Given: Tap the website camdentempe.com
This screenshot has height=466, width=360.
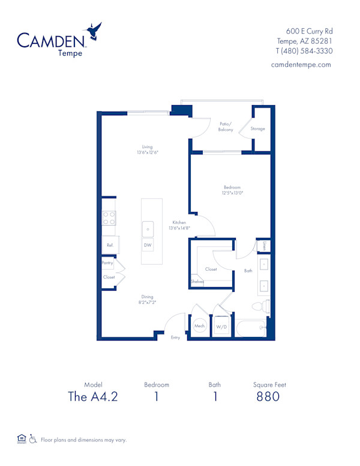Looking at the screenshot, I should [301, 65].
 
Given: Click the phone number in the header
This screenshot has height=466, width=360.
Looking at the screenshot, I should [304, 51].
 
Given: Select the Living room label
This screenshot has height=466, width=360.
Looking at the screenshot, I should [147, 147].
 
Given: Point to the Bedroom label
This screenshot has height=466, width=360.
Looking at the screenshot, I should [232, 187].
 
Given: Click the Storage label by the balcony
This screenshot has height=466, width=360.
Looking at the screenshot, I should [258, 129].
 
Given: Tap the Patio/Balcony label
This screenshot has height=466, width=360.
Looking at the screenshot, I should [226, 127].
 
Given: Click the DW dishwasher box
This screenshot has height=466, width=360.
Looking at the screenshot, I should [148, 246].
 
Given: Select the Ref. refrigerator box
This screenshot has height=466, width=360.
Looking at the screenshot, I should [110, 245].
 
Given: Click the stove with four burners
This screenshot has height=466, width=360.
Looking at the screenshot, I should [109, 218].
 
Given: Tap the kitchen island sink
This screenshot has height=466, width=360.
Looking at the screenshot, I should [148, 229].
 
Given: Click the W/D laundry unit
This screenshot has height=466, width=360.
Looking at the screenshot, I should [221, 327].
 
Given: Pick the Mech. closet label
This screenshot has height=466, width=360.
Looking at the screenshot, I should [200, 326].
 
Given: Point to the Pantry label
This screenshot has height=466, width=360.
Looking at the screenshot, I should [107, 263].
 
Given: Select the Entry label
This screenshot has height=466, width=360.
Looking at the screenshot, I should [175, 338].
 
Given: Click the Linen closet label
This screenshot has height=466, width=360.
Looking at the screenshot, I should [265, 246].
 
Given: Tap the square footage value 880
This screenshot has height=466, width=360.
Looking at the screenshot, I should [268, 396].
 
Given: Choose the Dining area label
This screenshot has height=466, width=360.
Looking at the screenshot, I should [148, 297].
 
